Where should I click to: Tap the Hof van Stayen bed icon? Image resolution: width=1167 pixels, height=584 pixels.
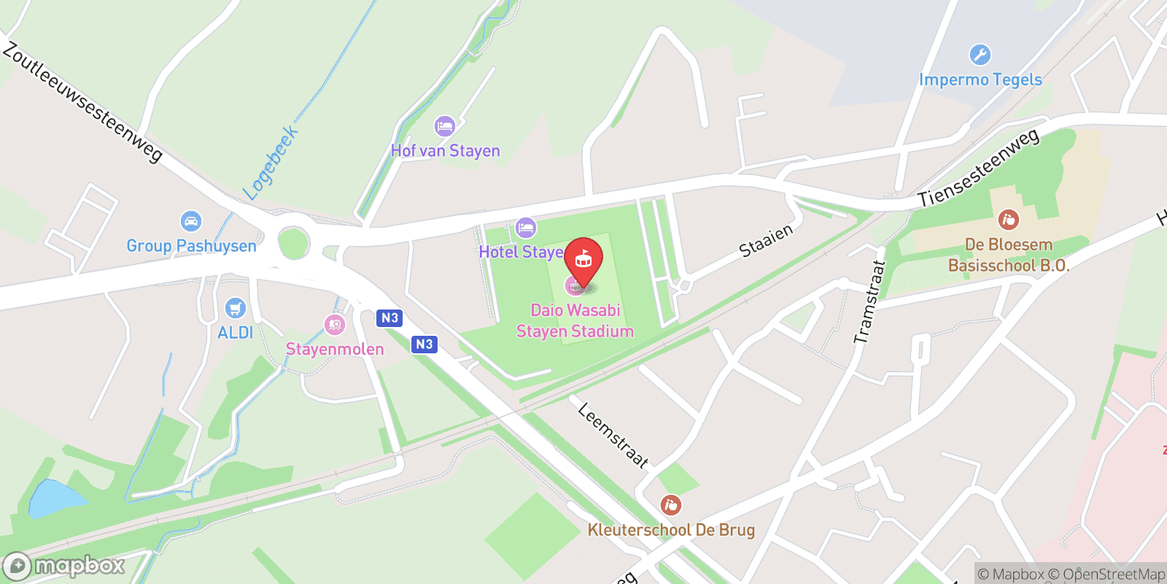444,126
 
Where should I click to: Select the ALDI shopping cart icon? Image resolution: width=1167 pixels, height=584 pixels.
235,308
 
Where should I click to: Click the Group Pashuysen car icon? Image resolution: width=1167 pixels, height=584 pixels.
191,221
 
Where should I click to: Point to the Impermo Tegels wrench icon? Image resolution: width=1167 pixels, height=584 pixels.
980,55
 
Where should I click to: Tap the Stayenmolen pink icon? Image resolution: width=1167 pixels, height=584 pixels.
334,325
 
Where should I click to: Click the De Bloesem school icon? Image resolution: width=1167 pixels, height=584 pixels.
1009,219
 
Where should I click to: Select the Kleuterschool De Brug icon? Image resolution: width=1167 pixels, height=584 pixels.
670,504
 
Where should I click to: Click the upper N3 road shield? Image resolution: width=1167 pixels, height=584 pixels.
389,318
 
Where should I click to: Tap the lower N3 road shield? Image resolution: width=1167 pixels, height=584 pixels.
424,344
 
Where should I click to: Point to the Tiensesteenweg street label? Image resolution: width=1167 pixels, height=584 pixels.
978,169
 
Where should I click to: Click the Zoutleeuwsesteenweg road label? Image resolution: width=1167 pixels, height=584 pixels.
82,101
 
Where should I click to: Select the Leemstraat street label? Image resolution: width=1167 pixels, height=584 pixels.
613,435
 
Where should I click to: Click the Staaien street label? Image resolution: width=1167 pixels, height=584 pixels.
765,241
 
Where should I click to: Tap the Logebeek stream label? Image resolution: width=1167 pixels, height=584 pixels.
271,163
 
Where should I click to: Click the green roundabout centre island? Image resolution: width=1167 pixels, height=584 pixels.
293,243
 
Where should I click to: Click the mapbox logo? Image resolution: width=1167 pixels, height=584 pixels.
64,566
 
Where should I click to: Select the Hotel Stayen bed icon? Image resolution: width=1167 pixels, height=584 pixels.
525,228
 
